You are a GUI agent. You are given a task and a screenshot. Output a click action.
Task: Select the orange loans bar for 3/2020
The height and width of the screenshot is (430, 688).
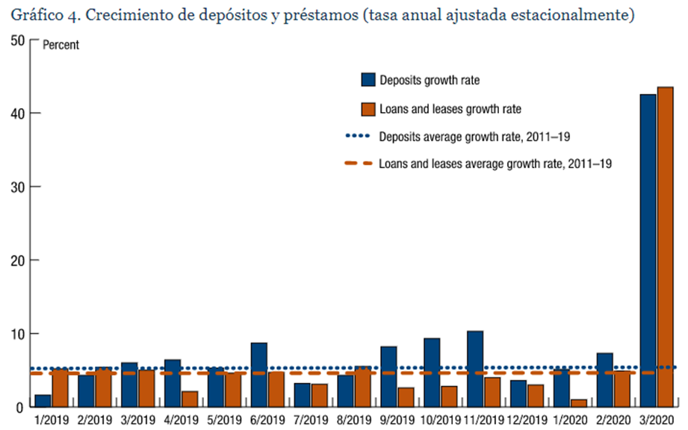point(665,246)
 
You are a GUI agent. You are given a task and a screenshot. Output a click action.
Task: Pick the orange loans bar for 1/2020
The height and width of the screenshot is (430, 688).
point(577,403)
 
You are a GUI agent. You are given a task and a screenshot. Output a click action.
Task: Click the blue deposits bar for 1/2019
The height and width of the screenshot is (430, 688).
point(43,401)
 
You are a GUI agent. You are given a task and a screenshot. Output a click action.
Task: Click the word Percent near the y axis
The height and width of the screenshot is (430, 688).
point(61,45)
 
